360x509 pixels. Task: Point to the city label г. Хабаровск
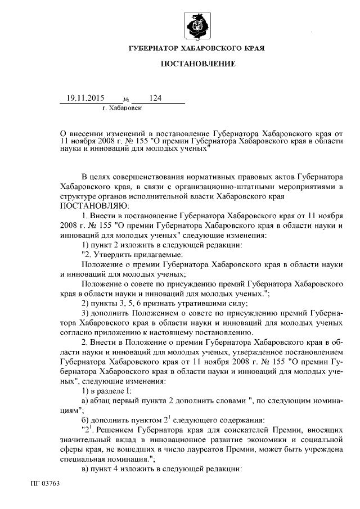(122, 106)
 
